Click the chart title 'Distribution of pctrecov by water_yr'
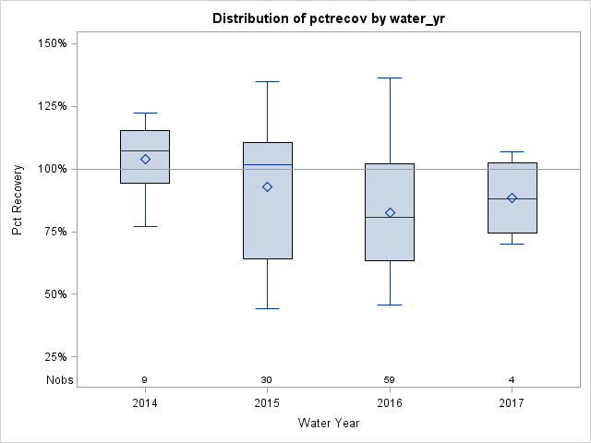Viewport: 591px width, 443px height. click(x=328, y=18)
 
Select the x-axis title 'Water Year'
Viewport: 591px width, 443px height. click(x=328, y=423)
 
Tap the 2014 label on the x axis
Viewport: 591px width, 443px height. click(x=145, y=403)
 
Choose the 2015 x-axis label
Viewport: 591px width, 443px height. click(x=267, y=403)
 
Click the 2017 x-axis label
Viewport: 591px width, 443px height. click(x=512, y=403)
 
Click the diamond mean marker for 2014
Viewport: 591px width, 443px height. click(x=145, y=159)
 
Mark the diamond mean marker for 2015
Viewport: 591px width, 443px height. click(x=268, y=186)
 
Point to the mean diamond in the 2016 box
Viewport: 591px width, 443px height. click(x=390, y=212)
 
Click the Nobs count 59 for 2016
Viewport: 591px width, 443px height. click(x=390, y=379)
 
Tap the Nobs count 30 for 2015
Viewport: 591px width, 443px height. click(x=267, y=379)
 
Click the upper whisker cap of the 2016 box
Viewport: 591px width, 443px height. click(x=390, y=78)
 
